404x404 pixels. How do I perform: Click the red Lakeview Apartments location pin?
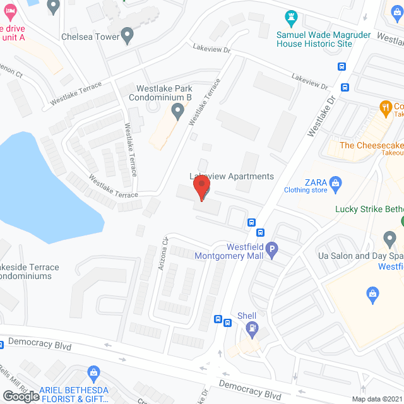tap(201, 187)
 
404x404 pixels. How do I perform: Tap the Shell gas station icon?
tap(252, 328)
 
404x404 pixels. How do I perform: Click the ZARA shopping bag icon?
tap(336, 184)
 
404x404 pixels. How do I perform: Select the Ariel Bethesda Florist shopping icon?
tap(93, 372)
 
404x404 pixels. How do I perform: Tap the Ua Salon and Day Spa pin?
tap(389, 239)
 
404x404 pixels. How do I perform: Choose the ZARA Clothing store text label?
tap(306, 186)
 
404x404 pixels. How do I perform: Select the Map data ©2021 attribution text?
tap(376, 399)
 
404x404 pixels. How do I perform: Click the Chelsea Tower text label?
tap(90, 37)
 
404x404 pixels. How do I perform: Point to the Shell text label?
tap(247, 316)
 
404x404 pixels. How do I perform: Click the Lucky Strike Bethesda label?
tap(369, 210)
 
